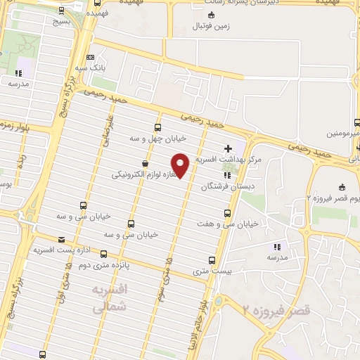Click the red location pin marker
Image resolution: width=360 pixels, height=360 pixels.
pos(181,165)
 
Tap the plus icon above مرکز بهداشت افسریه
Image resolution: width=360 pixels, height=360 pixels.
pos(227,149)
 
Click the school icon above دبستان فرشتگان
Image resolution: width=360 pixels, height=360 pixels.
pos(226,176)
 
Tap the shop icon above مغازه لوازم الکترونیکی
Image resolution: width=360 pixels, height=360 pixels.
pos(145,163)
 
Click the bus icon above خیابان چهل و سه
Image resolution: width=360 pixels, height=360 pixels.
pos(157,128)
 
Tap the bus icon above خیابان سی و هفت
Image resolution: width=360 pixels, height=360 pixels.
pos(226,213)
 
